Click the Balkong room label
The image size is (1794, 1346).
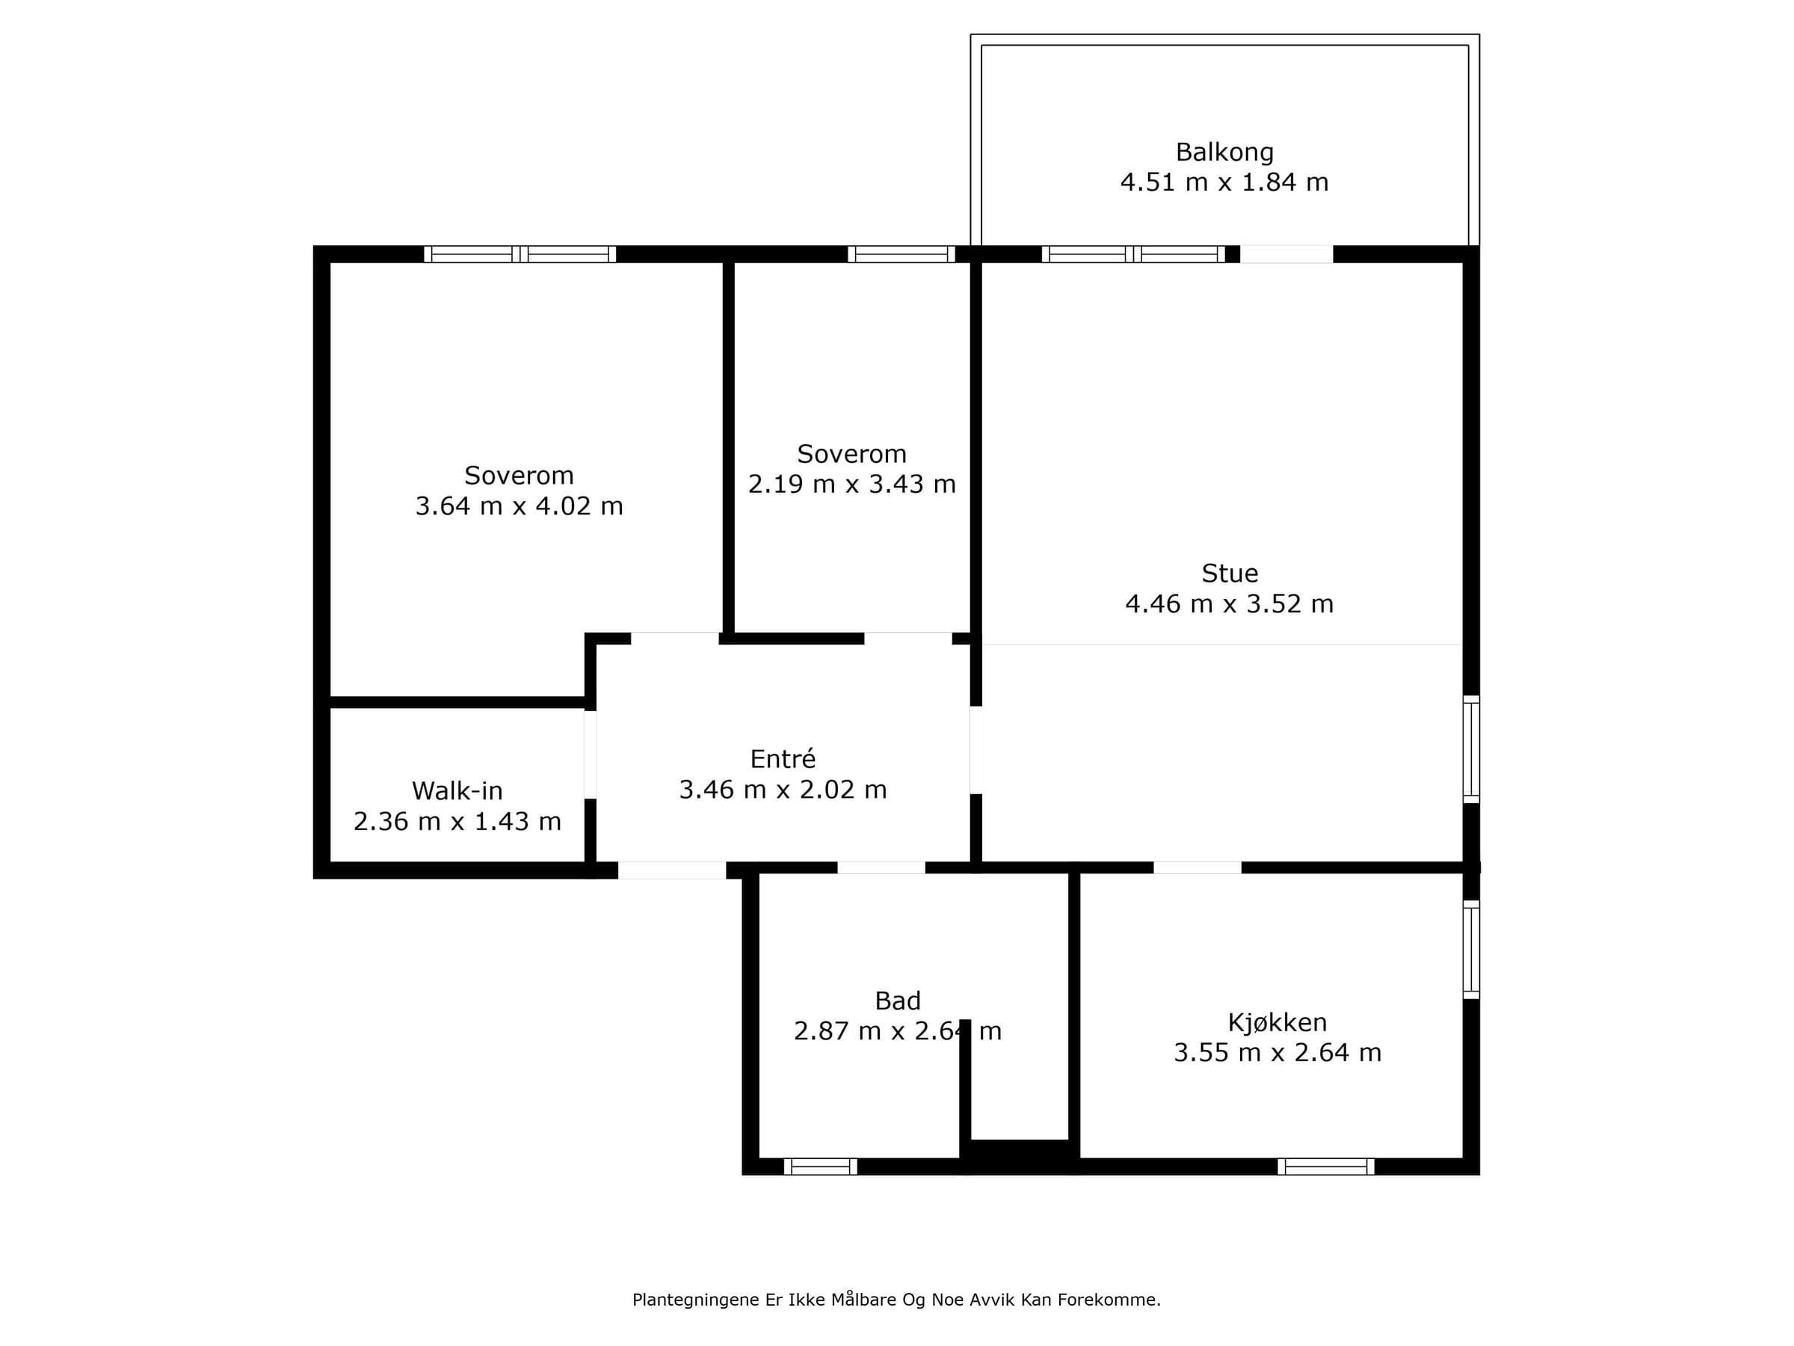(1224, 153)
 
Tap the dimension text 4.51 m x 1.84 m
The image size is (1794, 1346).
(1224, 182)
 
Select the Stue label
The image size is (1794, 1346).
(1230, 574)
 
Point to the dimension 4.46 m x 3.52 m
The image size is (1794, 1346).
(1229, 603)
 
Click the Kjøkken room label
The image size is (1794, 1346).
(1277, 1022)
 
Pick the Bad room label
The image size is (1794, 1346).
(897, 1001)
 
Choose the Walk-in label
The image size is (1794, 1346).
(457, 790)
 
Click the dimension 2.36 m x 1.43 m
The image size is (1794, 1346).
(457, 821)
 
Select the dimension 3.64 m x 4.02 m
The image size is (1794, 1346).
(519, 505)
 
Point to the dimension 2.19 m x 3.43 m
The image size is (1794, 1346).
(851, 484)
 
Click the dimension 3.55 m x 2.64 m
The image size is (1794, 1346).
(1277, 1052)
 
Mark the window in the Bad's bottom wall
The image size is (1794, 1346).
(820, 1167)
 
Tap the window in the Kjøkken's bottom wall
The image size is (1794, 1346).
(1325, 1167)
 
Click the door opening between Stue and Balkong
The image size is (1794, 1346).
(1286, 254)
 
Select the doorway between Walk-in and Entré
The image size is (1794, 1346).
(591, 755)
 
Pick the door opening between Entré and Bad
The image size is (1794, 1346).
(881, 867)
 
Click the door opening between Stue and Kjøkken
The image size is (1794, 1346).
(1197, 867)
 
